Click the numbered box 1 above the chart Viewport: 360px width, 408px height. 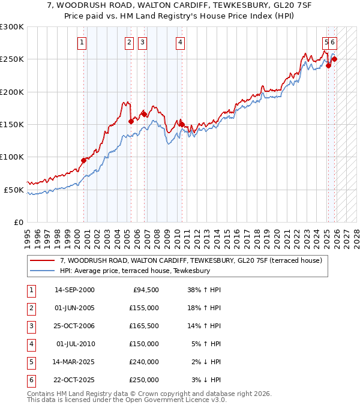[x=82, y=42]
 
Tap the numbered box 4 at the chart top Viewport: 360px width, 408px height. [x=180, y=42]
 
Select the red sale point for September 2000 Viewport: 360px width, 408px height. [x=83, y=160]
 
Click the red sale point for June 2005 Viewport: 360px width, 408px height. [x=131, y=121]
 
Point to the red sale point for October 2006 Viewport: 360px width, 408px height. [x=145, y=114]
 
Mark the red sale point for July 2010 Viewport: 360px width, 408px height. [x=182, y=124]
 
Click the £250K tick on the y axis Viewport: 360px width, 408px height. [x=12, y=59]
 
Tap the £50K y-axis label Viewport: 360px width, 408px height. [x=14, y=190]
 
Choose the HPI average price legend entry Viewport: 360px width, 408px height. [x=134, y=271]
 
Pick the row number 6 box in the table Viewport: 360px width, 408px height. [x=31, y=380]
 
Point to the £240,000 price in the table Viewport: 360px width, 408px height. [x=144, y=362]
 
